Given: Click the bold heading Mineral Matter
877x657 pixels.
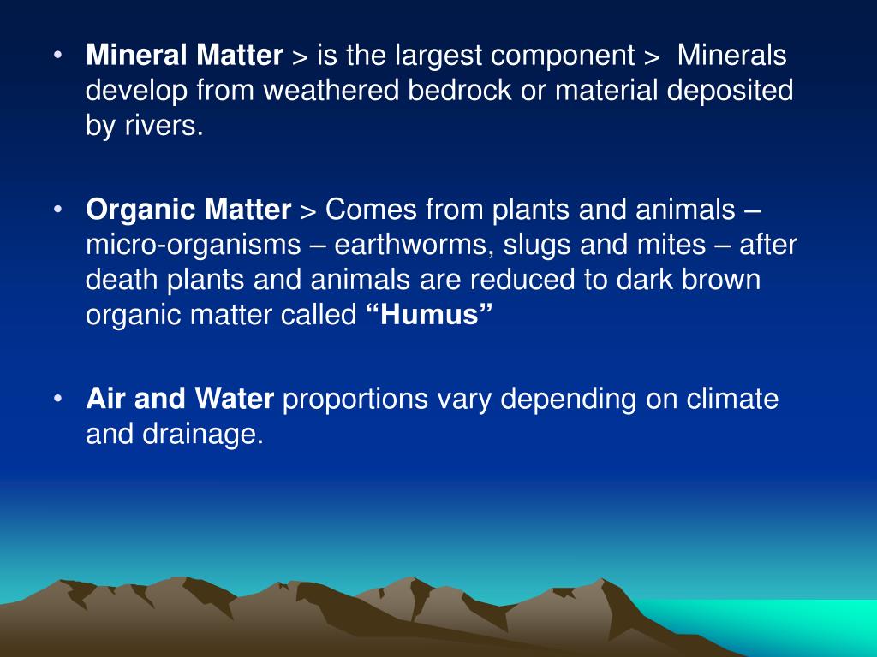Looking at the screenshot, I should coord(184,56).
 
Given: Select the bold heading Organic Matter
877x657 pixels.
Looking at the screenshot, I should coord(188,210).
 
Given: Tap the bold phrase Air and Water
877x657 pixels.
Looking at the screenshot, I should coord(180,399).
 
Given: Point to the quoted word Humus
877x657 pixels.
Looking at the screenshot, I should coord(430,315).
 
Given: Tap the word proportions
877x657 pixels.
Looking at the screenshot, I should coord(355,399).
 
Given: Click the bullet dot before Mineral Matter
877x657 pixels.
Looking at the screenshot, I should coord(57,56).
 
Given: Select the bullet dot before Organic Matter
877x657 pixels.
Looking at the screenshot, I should coord(57,210).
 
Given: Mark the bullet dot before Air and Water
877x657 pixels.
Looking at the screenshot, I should coord(57,399).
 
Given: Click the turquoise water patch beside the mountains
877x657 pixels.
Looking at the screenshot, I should coord(771,624).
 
